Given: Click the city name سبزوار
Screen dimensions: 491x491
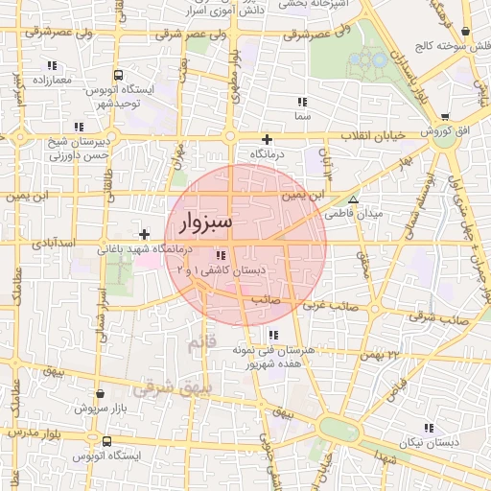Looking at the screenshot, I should point(205,224).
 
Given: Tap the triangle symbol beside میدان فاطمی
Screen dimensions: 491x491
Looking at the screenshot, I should point(354,200).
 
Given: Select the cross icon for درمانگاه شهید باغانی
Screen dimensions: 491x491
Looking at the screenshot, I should point(144,233).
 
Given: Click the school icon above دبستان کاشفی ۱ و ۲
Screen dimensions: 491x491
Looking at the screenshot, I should point(222,255).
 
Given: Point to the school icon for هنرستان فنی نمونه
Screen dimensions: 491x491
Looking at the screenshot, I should point(273,335).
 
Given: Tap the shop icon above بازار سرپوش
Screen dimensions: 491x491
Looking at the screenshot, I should point(101,393).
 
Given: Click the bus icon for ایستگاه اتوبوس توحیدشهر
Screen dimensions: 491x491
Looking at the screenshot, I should point(117,75).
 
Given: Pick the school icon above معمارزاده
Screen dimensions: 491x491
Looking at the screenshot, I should point(51,65).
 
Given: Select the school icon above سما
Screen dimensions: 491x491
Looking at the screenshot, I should point(302,101).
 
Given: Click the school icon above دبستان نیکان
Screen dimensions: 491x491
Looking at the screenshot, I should point(429,428).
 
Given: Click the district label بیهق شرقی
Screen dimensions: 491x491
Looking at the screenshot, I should point(162,388).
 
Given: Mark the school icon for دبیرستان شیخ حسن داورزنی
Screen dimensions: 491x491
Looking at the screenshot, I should point(77,127).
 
